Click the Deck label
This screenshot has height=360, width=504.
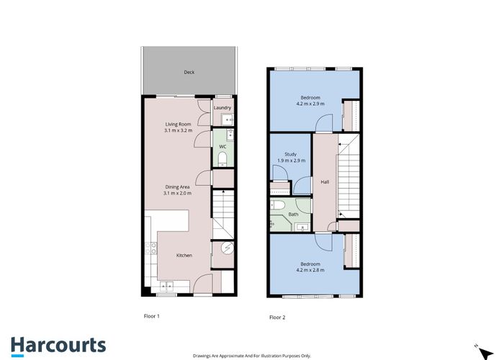(189, 72)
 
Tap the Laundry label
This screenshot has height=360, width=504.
(222, 108)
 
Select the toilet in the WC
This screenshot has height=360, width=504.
(222, 158)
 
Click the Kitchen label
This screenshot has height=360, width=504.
(184, 255)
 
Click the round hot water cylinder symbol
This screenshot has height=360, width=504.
(225, 248)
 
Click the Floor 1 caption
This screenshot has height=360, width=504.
(152, 316)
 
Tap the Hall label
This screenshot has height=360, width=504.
(325, 182)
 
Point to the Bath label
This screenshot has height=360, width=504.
(292, 214)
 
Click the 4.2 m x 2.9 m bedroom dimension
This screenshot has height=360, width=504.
(310, 104)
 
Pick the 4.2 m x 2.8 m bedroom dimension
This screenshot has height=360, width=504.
(310, 271)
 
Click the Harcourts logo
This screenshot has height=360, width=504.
(58, 345)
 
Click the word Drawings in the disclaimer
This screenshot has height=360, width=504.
(204, 356)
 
